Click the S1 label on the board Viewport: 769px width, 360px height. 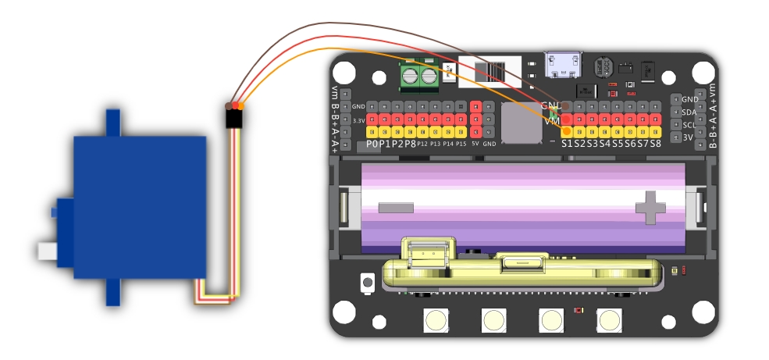pyautogui.click(x=568, y=144)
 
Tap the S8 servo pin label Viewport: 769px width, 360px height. pyautogui.click(x=655, y=144)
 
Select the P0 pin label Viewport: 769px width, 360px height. pyautogui.click(x=372, y=144)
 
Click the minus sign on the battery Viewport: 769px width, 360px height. pyautogui.click(x=397, y=207)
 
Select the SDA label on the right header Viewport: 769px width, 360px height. pyautogui.click(x=689, y=112)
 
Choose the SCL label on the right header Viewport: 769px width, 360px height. pyautogui.click(x=689, y=125)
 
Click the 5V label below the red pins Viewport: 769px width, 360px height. pyautogui.click(x=475, y=144)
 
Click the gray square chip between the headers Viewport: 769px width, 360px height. pyautogui.click(x=521, y=123)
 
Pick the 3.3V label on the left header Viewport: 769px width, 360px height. pyautogui.click(x=359, y=120)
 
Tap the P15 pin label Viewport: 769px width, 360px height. pyautogui.click(x=461, y=144)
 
